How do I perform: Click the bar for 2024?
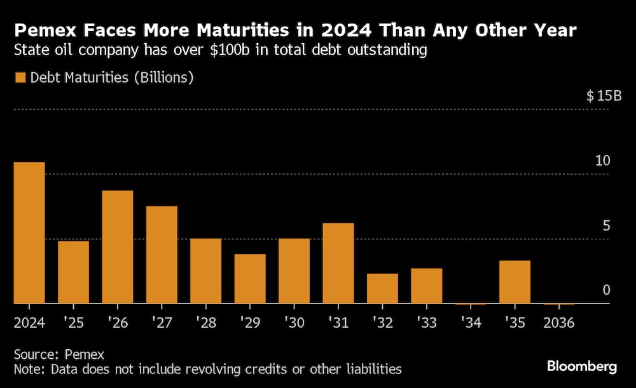coord(29,233)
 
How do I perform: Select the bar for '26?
coord(118,247)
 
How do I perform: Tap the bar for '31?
coord(338,264)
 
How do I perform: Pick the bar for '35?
coord(515,282)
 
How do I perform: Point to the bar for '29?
coord(250,279)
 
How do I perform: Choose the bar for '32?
coord(382,289)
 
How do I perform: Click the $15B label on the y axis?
coord(604,97)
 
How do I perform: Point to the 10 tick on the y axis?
coord(602,161)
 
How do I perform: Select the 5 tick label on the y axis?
coord(606,226)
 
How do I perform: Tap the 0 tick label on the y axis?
coord(606,290)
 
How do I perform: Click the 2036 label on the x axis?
coord(559,323)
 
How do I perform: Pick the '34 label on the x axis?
coord(471,323)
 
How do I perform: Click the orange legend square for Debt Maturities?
coord(20,78)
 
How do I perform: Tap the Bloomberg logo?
coord(582,366)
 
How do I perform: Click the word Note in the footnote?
coord(27,369)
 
